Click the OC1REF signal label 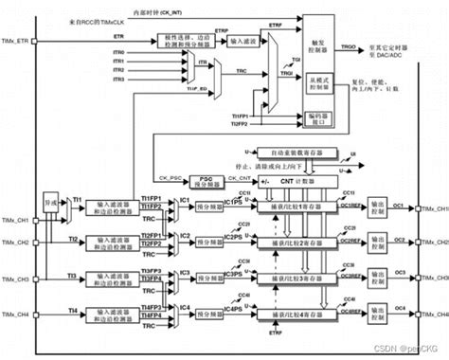353,205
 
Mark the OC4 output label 399,308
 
